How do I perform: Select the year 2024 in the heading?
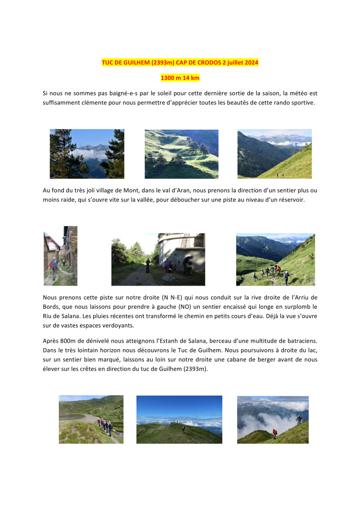click(x=251, y=63)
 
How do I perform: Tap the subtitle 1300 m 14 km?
click(x=180, y=78)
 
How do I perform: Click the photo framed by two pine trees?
click(x=87, y=154)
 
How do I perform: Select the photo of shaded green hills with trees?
click(x=181, y=154)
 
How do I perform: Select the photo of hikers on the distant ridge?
click(x=179, y=419)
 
